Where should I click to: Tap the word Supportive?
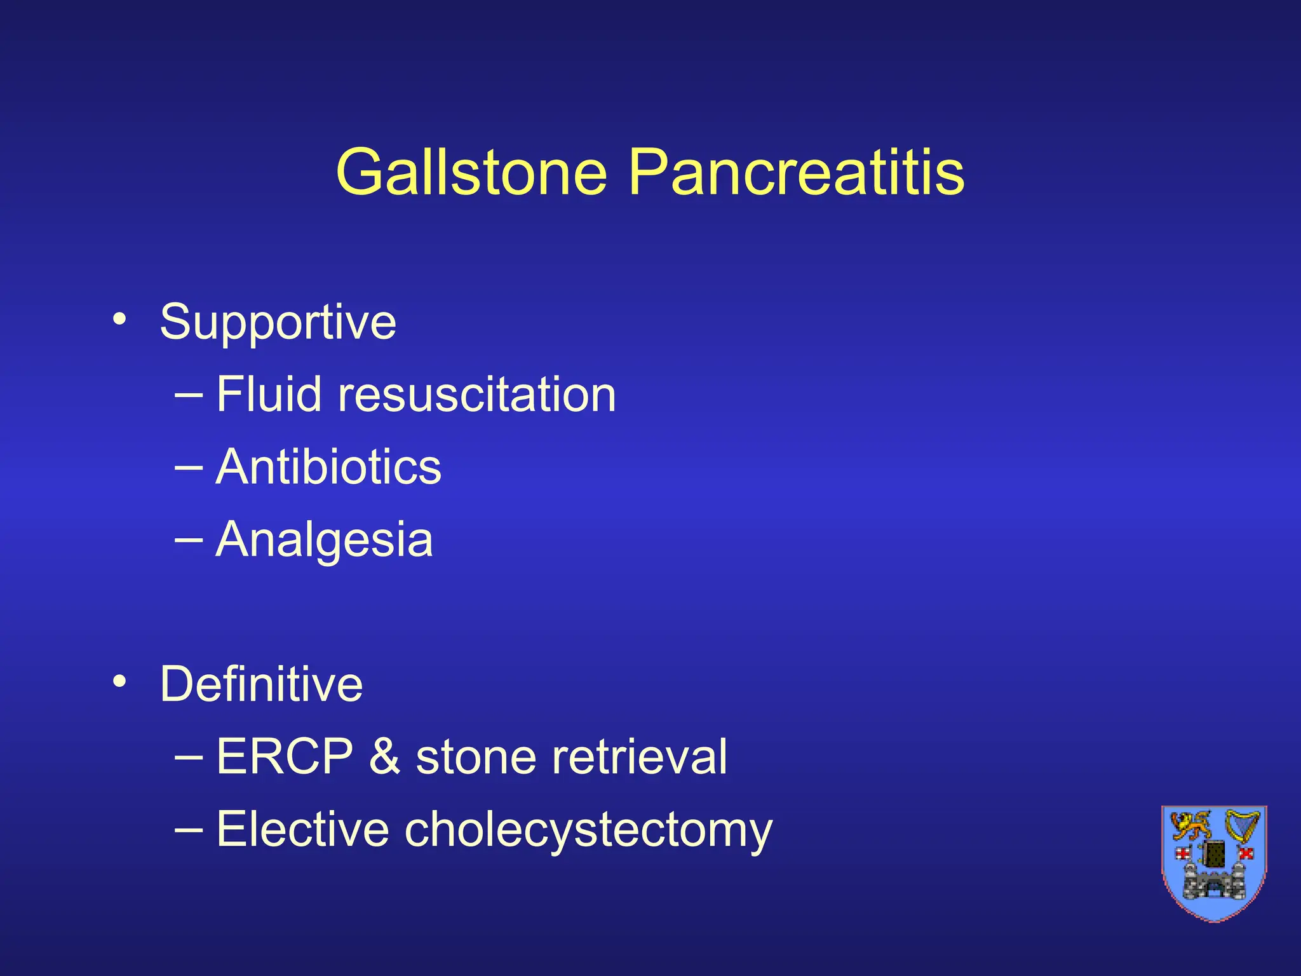pyautogui.click(x=278, y=323)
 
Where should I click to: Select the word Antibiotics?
pyautogui.click(x=328, y=467)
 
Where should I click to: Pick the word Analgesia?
pyautogui.click(x=324, y=540)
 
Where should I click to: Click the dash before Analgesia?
pyautogui.click(x=189, y=540)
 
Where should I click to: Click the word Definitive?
pyautogui.click(x=261, y=684)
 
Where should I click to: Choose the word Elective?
pyautogui.click(x=302, y=829)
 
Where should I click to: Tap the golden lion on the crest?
pyautogui.click(x=1190, y=827)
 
